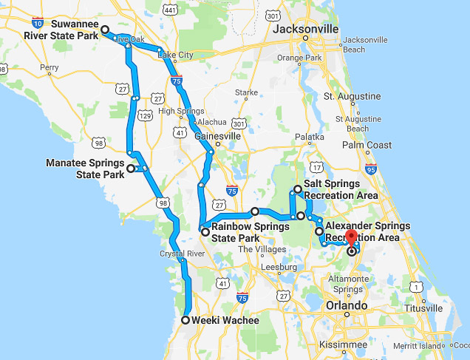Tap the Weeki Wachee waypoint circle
coord(185,320)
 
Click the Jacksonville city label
coord(305,29)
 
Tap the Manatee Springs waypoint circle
coord(131,169)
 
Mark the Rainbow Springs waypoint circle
coord(205,232)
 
